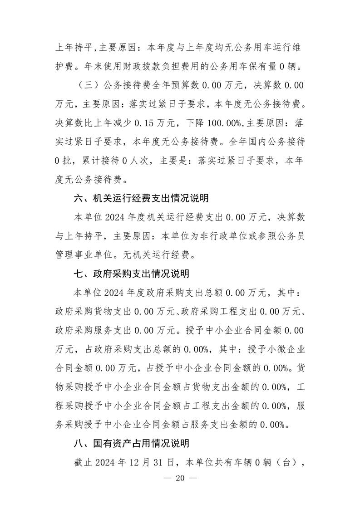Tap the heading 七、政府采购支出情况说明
coord(131,274)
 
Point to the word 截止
coord(84,463)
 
